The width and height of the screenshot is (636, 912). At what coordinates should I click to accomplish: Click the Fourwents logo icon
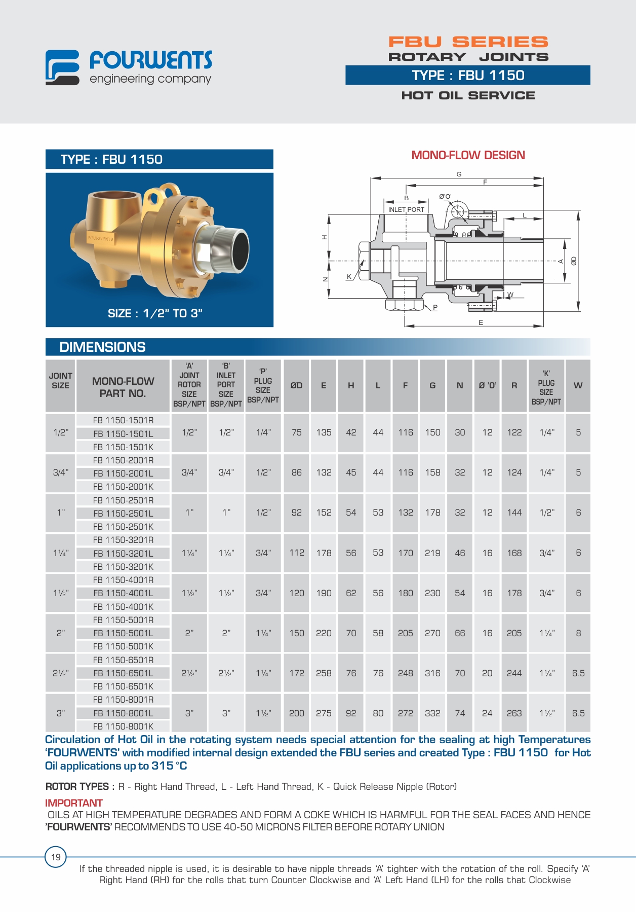[x=62, y=67]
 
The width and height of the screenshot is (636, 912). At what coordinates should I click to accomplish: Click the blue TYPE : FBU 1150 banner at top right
[x=467, y=75]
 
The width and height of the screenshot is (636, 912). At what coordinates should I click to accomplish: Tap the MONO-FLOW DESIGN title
[x=468, y=155]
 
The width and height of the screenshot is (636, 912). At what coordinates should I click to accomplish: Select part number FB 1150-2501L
[x=123, y=514]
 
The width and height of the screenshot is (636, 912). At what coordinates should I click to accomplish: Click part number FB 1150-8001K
[x=123, y=726]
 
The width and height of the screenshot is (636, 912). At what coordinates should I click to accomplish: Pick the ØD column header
[x=296, y=385]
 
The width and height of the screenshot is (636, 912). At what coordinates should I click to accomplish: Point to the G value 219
[x=432, y=553]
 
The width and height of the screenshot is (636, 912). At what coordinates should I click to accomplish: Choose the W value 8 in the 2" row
[x=578, y=633]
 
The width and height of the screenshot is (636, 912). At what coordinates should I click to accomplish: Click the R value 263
[x=514, y=713]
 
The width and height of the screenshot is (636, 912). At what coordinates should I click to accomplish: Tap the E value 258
[x=324, y=673]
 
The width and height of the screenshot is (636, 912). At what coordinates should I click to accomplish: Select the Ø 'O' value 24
[x=487, y=713]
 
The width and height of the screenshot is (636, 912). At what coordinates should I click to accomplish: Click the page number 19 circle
[x=56, y=857]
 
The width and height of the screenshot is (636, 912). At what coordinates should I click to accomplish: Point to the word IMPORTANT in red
[x=74, y=803]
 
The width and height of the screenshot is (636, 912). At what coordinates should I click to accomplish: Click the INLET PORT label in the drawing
[x=406, y=209]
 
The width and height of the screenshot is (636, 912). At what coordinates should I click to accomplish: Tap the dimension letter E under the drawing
[x=481, y=322]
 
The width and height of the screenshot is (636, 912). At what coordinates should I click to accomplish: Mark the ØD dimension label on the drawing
[x=574, y=261]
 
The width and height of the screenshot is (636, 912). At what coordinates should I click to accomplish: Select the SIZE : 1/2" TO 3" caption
[x=155, y=313]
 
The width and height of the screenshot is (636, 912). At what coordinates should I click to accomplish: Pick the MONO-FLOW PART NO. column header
[x=123, y=387]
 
